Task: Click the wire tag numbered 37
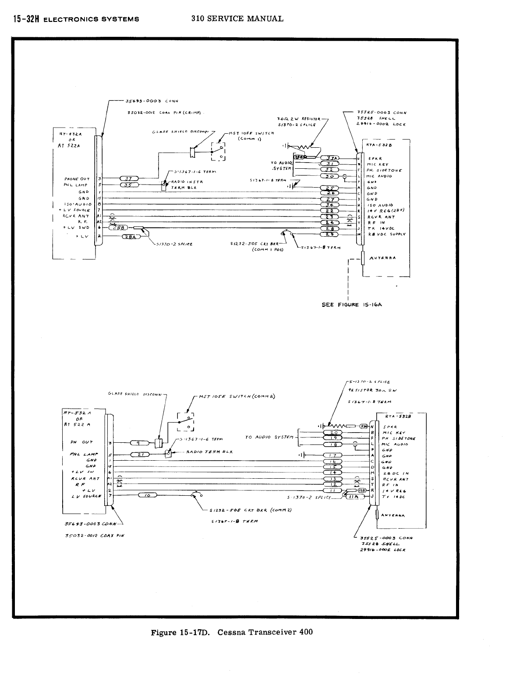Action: (x=129, y=178)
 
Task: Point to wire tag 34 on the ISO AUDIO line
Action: (x=330, y=205)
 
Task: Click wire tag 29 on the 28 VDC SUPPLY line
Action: (x=330, y=235)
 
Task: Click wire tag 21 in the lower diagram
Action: (x=140, y=455)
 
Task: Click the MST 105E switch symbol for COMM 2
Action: (x=185, y=422)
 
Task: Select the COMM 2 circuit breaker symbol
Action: (x=197, y=495)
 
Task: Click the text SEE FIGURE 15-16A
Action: (x=352, y=305)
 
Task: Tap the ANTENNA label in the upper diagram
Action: (x=382, y=258)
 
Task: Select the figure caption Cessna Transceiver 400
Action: (x=232, y=632)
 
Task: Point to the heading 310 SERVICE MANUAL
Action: (x=237, y=18)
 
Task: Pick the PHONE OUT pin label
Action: (x=77, y=179)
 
